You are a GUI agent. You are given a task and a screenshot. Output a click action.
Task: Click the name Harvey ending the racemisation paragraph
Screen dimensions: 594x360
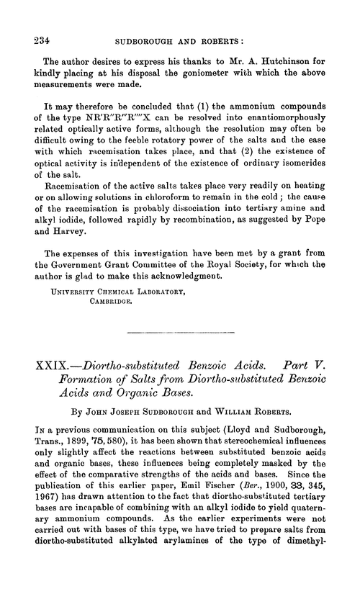(66, 219)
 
